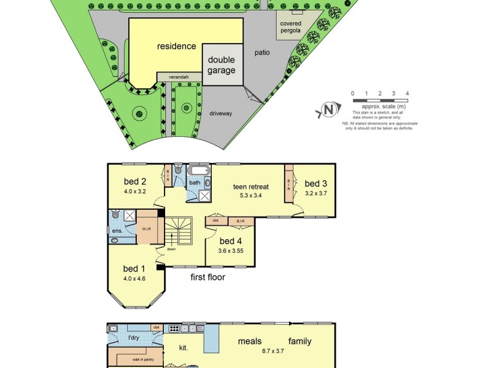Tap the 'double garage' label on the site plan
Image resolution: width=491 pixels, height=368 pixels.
[222, 65]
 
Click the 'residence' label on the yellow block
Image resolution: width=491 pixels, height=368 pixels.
[176, 46]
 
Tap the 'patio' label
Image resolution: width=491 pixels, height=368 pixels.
[262, 53]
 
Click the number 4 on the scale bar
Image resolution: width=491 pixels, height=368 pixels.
[408, 93]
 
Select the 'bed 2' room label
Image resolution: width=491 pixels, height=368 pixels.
[134, 181]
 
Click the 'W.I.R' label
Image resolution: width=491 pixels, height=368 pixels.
[147, 229]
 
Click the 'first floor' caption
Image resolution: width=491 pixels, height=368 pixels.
[207, 277]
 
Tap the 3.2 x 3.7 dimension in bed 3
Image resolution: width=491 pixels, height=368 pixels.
[317, 193]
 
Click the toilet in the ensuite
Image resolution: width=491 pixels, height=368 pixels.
[115, 215]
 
